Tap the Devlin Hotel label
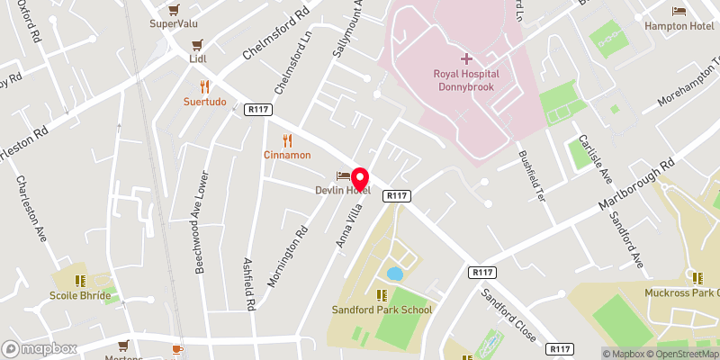[343, 189]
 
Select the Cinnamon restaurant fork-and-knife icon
[287, 140]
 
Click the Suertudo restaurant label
[205, 102]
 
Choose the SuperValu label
[175, 23]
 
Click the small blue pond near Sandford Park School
[394, 273]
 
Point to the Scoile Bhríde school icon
[80, 281]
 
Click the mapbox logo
[40, 348]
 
